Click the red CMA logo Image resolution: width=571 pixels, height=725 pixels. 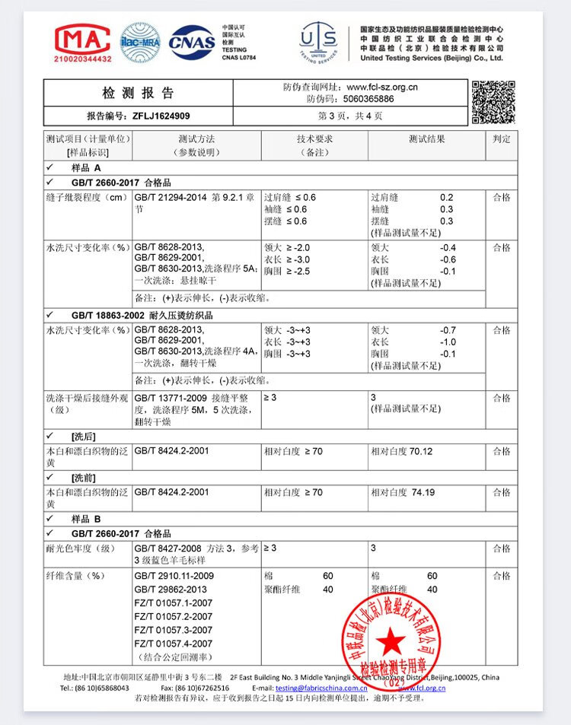(83, 40)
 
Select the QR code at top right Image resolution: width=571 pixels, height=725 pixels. (493, 101)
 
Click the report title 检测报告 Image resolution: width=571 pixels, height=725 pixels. (139, 94)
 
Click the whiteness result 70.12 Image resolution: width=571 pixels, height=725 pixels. (421, 451)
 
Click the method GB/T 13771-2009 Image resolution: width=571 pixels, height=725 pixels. (172, 398)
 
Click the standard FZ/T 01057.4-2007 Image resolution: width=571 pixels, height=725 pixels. (173, 644)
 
